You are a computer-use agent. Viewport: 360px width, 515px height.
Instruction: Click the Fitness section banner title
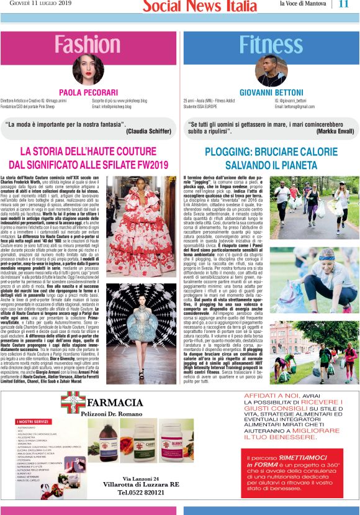point(271,45)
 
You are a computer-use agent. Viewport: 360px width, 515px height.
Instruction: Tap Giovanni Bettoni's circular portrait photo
point(271,70)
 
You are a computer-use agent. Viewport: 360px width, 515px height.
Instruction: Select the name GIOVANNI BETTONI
point(271,92)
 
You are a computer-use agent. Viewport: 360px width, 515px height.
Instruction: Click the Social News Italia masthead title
point(199,6)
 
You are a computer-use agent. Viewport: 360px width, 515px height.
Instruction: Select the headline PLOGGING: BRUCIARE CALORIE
point(271,151)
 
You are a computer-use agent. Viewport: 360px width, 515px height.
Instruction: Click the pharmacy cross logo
point(73,401)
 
